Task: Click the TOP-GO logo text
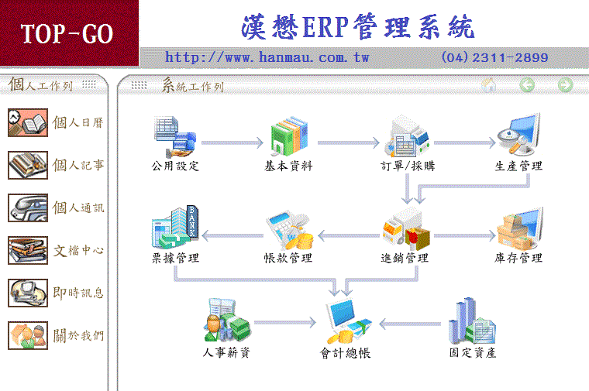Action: [x=67, y=34]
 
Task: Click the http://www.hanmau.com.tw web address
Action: [x=267, y=57]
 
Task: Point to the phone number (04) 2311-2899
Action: [x=494, y=57]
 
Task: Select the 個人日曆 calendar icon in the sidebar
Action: [x=28, y=122]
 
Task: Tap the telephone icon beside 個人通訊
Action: [x=28, y=208]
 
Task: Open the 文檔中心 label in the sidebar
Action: [x=78, y=250]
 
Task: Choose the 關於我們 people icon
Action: [x=28, y=335]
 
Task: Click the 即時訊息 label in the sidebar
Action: [x=78, y=293]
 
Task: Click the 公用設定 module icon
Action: [x=175, y=136]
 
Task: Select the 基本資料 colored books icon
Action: [x=289, y=135]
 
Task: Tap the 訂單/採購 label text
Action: [x=408, y=166]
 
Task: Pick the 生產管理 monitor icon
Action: [x=519, y=135]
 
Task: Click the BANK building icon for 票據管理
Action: [x=175, y=227]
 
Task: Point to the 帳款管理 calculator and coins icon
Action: [x=290, y=230]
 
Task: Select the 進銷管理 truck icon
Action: [x=406, y=229]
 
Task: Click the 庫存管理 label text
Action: [x=518, y=258]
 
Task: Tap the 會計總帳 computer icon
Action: [x=348, y=321]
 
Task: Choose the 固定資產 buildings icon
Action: [x=473, y=321]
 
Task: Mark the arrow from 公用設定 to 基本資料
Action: [x=232, y=142]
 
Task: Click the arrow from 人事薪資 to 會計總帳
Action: [x=285, y=322]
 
